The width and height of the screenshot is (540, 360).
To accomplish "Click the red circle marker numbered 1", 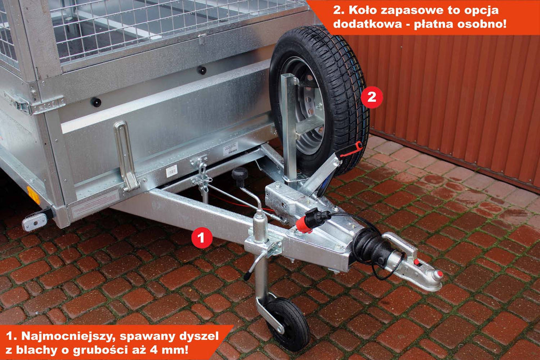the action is coord(202,237).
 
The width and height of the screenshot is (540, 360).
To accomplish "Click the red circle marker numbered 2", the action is coord(372,98).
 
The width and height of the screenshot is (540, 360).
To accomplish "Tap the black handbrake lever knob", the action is coord(239,174).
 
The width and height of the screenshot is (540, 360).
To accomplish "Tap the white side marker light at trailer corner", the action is coord(35,222).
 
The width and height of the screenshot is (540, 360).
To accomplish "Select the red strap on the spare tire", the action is coord(351,149).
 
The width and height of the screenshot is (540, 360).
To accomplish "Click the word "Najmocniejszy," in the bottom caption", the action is coord(70,336).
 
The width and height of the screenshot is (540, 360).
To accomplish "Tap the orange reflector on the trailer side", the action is coord(33,195).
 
